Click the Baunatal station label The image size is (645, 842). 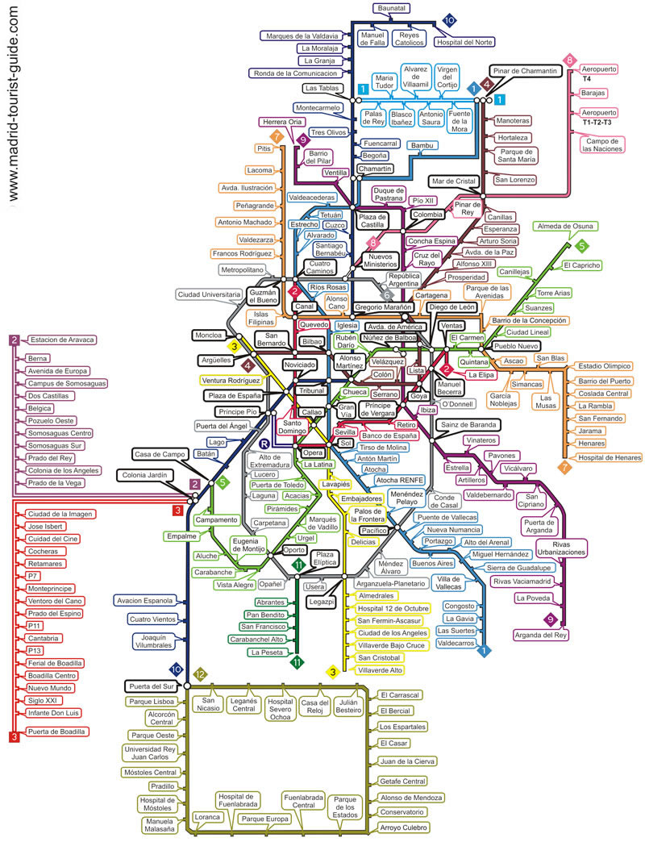pyautogui.click(x=391, y=8)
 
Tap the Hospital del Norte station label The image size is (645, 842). pyautogui.click(x=464, y=42)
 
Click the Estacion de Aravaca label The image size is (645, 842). pyautogui.click(x=62, y=340)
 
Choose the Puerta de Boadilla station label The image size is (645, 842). pyautogui.click(x=56, y=732)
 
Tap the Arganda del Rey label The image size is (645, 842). pyautogui.click(x=540, y=635)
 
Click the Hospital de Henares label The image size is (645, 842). pyautogui.click(x=609, y=457)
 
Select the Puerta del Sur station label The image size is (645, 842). pyautogui.click(x=152, y=686)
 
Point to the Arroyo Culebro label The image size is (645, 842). pyautogui.click(x=403, y=827)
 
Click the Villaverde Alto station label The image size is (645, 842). pyautogui.click(x=380, y=670)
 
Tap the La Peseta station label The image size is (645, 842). pyautogui.click(x=267, y=652)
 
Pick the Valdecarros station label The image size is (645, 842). pyautogui.click(x=456, y=643)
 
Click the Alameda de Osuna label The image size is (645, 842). pyautogui.click(x=565, y=227)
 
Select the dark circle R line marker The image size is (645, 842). pyautogui.click(x=264, y=444)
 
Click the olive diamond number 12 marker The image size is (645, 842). pyautogui.click(x=200, y=674)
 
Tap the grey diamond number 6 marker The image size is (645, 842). pyautogui.click(x=387, y=295)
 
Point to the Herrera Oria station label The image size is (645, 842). pyautogui.click(x=282, y=122)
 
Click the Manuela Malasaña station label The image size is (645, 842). pyautogui.click(x=160, y=825)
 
